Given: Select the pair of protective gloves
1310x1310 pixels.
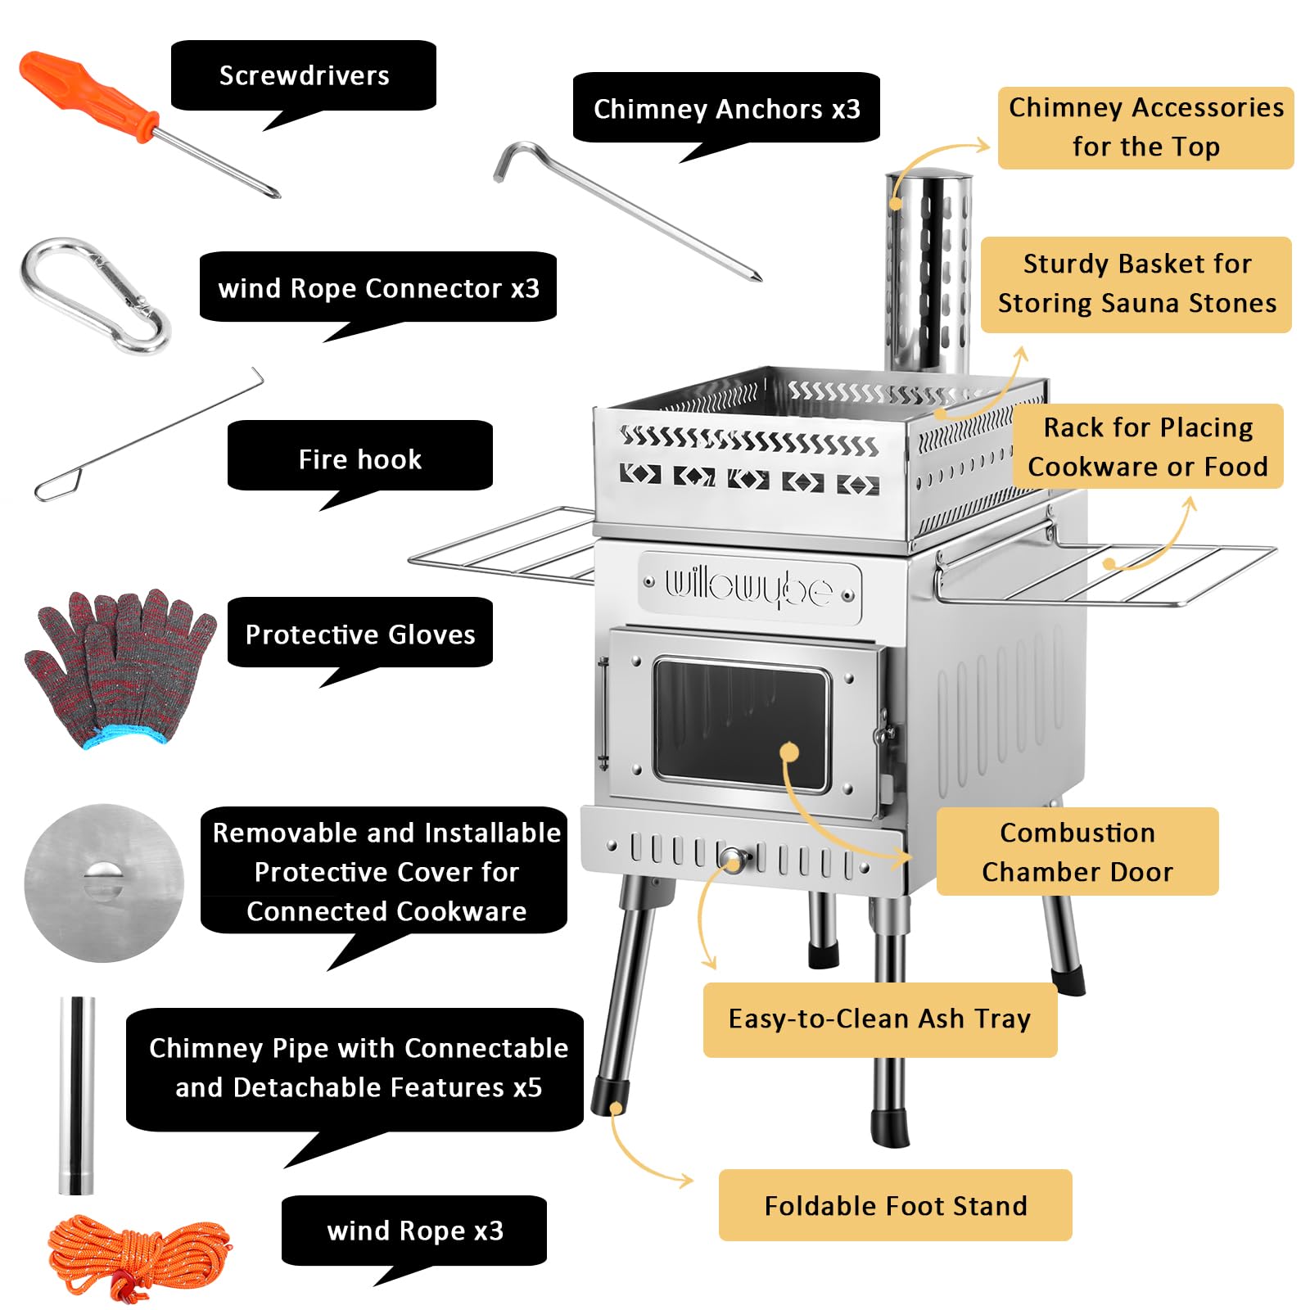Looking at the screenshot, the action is [x=120, y=666].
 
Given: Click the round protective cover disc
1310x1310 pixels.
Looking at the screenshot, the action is [x=104, y=883].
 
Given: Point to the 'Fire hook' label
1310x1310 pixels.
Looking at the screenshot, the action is [x=360, y=459].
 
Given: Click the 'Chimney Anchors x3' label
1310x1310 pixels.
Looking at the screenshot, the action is [x=726, y=109].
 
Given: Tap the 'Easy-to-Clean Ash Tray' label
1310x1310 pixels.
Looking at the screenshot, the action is [x=880, y=1019].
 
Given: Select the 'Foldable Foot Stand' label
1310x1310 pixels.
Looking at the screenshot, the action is [x=896, y=1206].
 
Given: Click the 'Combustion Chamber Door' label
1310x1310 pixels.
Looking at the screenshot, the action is [x=1077, y=851].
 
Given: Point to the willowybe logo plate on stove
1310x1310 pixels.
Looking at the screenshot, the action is [x=749, y=588].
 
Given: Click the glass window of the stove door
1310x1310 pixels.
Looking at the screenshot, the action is [x=741, y=724].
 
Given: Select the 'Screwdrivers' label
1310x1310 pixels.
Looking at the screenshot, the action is [x=304, y=75].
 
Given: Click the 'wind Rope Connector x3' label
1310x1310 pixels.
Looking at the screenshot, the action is [x=378, y=288].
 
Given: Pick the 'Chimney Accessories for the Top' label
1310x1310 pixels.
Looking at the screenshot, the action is [x=1146, y=128].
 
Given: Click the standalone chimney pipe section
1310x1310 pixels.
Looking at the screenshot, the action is [x=77, y=1095].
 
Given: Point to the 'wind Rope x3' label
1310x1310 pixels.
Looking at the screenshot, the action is [x=414, y=1231].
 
